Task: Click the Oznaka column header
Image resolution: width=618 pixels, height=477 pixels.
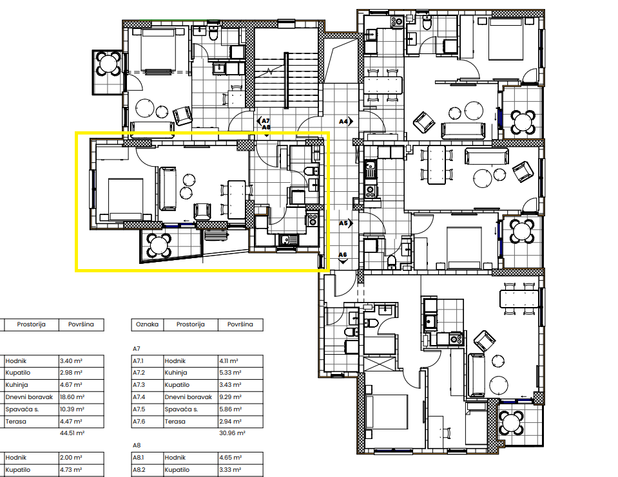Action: point(147,324)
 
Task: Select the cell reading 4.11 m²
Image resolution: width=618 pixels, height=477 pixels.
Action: point(229,361)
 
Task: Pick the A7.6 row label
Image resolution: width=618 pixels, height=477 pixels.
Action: point(139,422)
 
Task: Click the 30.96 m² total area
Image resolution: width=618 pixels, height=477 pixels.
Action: point(232,433)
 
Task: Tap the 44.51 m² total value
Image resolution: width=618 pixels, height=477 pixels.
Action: point(72,433)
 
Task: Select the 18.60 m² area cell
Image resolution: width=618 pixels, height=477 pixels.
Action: point(72,397)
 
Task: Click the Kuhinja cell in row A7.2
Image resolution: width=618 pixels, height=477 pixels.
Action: point(176,373)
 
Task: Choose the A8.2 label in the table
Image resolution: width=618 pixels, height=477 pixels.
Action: point(139,469)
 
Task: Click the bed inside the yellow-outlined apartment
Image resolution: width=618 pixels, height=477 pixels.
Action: point(126,200)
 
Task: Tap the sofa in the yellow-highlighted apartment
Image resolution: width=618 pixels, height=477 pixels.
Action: point(168,189)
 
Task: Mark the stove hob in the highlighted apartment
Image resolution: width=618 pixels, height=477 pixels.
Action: point(312,220)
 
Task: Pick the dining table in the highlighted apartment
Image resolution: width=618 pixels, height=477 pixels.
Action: point(237,200)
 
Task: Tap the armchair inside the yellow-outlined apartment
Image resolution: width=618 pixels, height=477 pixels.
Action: point(202,211)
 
